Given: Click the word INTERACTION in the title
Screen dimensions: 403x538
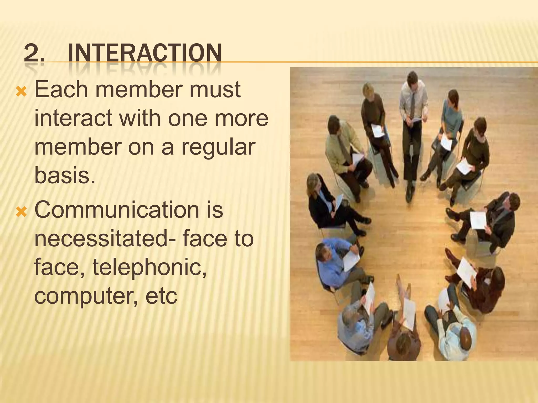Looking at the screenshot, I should point(144,53).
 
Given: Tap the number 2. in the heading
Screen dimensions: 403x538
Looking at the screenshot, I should point(34,53).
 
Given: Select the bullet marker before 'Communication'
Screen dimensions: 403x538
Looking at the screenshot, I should point(21,212).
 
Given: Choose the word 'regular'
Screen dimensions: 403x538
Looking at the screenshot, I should point(218,147).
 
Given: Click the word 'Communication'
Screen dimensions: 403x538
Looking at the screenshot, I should point(117,210).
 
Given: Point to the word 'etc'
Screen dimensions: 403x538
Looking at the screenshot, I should point(161,296).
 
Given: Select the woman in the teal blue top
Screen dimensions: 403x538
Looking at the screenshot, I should point(451,123).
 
